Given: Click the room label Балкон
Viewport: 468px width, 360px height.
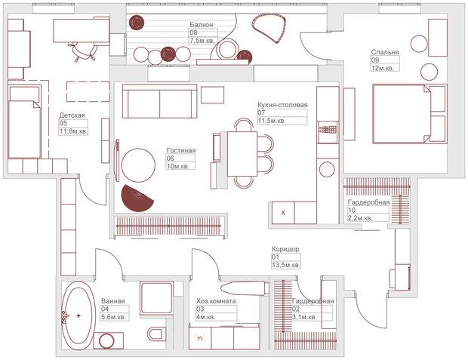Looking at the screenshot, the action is [202, 24].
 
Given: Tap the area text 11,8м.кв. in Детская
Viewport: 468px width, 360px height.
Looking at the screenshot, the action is [73, 131].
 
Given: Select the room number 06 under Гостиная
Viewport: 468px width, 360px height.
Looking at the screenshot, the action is [170, 158].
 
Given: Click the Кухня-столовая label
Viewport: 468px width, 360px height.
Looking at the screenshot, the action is [282, 105].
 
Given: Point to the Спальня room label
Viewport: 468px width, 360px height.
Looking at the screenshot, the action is [385, 52].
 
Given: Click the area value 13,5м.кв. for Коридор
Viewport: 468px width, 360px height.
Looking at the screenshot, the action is [286, 265].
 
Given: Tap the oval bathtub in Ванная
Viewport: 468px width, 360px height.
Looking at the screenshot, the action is [79, 315].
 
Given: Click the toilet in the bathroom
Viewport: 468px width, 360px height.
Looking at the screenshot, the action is [157, 334].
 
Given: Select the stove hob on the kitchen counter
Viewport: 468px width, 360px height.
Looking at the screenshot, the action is [328, 130].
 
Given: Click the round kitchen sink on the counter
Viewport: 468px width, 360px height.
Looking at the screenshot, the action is [327, 169].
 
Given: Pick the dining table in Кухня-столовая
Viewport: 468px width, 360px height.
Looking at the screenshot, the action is [242, 154].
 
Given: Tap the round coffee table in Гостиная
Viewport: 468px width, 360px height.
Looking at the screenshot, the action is [138, 165].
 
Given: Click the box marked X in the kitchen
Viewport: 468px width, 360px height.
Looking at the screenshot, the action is [283, 213].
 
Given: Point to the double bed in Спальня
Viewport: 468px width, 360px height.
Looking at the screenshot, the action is [410, 114].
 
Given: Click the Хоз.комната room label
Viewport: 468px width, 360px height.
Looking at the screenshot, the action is [216, 301].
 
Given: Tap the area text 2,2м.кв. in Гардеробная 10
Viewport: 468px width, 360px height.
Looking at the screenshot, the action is [360, 218].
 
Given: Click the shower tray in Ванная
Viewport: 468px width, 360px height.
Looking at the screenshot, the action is [157, 297].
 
